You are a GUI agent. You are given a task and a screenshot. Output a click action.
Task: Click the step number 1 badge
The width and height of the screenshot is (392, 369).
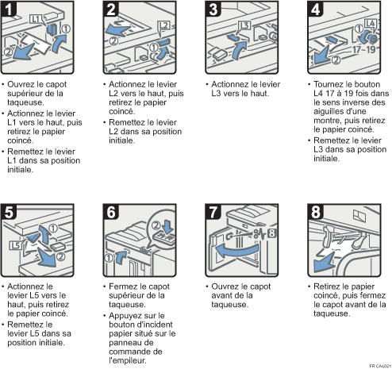[x=9, y=9]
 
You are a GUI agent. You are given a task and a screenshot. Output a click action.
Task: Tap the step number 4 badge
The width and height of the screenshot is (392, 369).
[x=316, y=9]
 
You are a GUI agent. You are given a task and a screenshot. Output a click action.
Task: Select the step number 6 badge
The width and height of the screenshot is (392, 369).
[x=111, y=212]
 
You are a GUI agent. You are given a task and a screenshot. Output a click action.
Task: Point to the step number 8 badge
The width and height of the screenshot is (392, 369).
[x=316, y=212]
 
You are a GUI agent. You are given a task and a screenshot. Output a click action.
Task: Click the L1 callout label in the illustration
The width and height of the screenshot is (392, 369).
[x=36, y=19]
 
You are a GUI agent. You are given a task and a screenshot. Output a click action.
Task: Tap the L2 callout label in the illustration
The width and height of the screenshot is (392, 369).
[x=163, y=25]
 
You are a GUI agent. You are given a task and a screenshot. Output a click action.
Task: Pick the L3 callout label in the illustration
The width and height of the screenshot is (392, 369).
[x=244, y=25]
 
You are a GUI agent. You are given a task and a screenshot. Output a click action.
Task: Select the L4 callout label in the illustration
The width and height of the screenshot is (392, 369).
[x=370, y=23]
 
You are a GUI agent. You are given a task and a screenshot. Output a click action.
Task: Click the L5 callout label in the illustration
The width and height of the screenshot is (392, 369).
[x=15, y=245]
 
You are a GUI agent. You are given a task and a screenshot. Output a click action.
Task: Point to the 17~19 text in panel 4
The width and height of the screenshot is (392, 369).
[x=364, y=49]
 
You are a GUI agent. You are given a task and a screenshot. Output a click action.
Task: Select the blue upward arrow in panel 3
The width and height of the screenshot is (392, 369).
[x=240, y=50]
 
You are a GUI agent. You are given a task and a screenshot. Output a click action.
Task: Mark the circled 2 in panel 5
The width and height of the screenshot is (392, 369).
[x=60, y=256]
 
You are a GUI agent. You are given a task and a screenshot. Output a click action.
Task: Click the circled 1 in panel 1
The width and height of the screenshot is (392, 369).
[x=66, y=29]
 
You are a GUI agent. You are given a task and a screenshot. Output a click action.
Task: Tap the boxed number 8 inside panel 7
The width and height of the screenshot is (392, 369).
[x=271, y=233]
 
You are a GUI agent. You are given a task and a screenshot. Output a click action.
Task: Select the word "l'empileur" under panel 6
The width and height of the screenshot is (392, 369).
[x=128, y=360]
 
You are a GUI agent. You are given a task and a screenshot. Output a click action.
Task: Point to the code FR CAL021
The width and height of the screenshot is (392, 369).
[x=380, y=366]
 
